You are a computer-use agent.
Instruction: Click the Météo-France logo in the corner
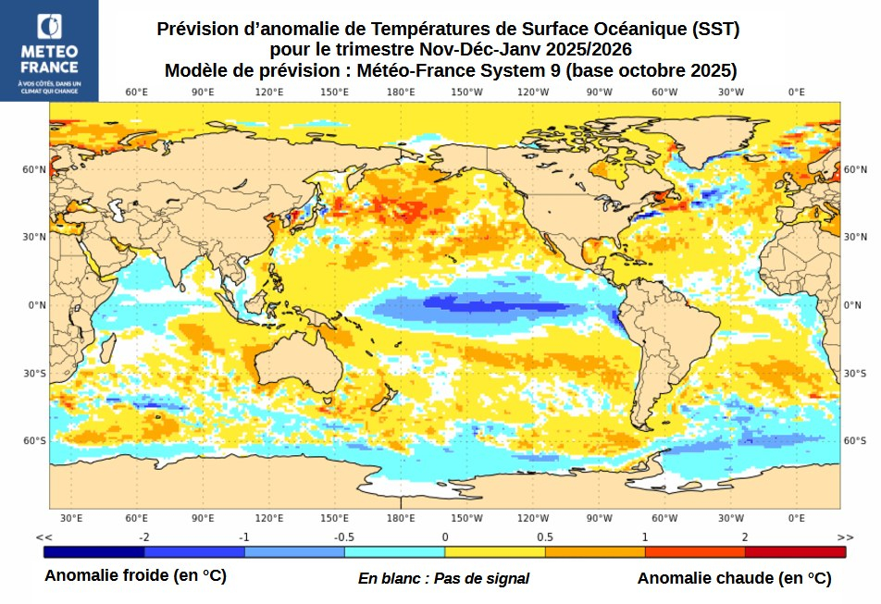tap(49, 51)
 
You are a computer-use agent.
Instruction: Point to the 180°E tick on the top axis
tap(401, 92)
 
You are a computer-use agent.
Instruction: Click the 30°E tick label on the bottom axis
tap(71, 518)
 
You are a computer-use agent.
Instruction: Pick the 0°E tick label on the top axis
tap(796, 92)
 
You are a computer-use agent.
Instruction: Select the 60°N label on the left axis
tap(35, 169)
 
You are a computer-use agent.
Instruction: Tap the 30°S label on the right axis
tap(855, 373)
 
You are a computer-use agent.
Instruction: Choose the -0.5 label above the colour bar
tap(344, 536)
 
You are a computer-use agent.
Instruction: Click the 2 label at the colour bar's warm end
tap(745, 536)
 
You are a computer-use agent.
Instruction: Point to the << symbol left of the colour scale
tap(43, 536)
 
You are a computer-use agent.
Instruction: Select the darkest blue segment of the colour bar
tap(93, 552)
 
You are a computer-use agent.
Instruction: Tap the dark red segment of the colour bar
tap(795, 552)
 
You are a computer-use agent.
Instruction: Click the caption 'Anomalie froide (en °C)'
tap(135, 576)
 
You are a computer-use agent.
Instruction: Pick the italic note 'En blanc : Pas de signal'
tap(443, 578)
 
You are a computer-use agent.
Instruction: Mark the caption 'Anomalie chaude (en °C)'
tap(734, 578)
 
